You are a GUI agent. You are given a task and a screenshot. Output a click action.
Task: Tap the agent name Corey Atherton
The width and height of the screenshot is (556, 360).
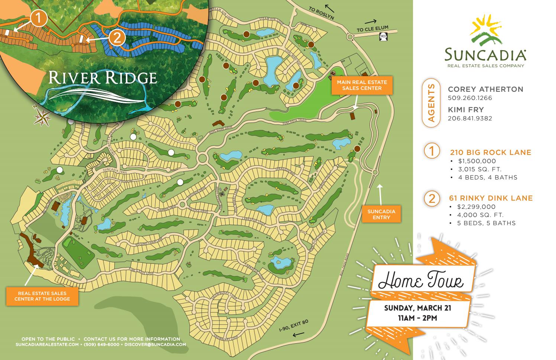pyautogui.click(x=485, y=89)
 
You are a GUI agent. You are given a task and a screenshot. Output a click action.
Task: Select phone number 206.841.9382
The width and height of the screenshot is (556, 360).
pyautogui.click(x=470, y=119)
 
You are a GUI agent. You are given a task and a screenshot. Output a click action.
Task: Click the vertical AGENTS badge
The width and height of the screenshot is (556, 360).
pyautogui.click(x=431, y=103)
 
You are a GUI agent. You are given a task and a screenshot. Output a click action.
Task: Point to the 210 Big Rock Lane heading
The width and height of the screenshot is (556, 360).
pyautogui.click(x=490, y=152)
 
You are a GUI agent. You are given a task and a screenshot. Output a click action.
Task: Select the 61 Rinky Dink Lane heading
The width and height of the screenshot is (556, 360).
pyautogui.click(x=491, y=198)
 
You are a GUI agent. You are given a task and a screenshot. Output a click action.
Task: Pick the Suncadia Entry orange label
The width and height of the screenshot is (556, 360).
pyautogui.click(x=381, y=214)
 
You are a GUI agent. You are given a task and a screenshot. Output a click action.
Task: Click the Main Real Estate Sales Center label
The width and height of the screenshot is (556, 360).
pyautogui.click(x=362, y=85)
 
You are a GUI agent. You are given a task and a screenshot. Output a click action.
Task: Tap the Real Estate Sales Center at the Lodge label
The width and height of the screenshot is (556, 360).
pyautogui.click(x=42, y=296)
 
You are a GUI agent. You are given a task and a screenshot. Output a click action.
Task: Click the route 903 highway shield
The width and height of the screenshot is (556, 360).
pyautogui.click(x=383, y=36)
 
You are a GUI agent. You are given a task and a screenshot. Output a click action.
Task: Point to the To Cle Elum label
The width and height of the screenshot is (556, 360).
pyautogui.click(x=372, y=30)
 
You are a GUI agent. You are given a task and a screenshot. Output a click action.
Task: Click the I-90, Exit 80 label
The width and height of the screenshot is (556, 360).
pyautogui.click(x=294, y=325)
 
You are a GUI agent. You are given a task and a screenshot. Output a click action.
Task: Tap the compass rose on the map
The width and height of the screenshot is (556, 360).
pyautogui.click(x=42, y=117)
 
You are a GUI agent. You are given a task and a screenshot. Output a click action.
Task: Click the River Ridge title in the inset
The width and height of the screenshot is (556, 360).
pyautogui.click(x=103, y=78)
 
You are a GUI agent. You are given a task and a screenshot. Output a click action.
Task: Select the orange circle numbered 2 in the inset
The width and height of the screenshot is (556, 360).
pyautogui.click(x=117, y=38)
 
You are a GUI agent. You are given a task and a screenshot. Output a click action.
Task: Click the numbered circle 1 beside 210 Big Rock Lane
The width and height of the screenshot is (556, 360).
pyautogui.click(x=432, y=151)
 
